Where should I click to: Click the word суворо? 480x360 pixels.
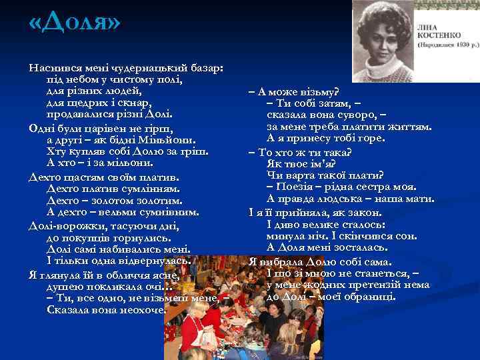[363, 114]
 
